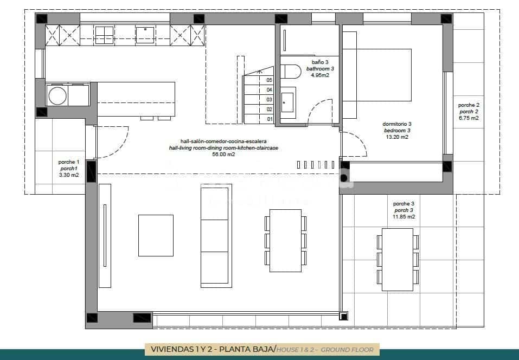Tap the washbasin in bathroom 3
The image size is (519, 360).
click(x=288, y=102)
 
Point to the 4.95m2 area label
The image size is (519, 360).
click(x=319, y=75)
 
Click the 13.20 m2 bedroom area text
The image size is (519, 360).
click(x=397, y=137)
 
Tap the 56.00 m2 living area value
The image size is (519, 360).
click(x=223, y=155)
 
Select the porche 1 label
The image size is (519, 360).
click(x=69, y=162)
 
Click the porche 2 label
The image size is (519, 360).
click(x=469, y=105)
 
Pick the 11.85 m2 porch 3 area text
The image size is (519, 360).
click(x=403, y=217)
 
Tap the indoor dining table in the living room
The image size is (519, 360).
click(x=285, y=240)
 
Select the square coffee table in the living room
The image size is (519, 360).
click(x=156, y=235)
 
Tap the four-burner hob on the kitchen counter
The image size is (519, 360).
click(x=104, y=35)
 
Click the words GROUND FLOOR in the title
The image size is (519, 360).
click(x=347, y=350)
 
